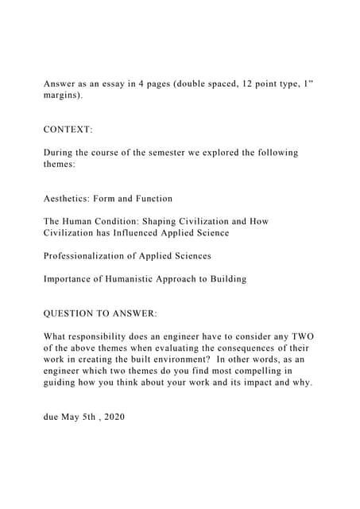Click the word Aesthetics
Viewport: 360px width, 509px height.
point(70,198)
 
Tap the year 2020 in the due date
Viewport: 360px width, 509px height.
point(110,417)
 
